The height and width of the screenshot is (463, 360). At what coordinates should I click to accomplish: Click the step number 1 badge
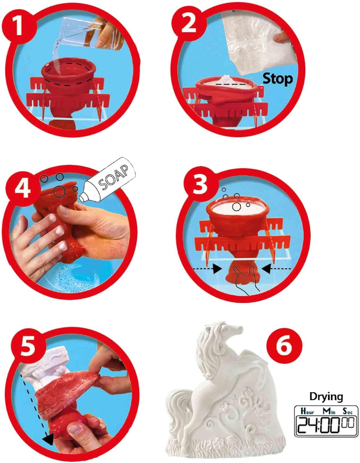(x=19, y=26)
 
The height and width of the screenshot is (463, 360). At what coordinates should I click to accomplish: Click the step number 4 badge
(x=23, y=189)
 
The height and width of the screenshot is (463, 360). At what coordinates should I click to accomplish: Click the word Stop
(x=278, y=79)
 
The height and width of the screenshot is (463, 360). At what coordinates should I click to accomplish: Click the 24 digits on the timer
(x=307, y=425)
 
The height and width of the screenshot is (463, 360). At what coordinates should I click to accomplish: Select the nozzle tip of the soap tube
(x=82, y=198)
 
